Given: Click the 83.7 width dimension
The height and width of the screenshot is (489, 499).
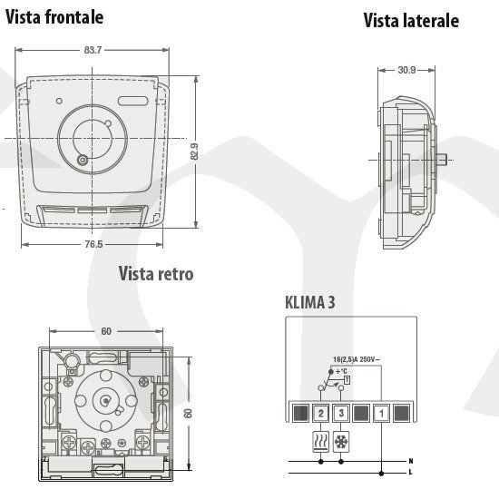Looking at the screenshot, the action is [93, 50].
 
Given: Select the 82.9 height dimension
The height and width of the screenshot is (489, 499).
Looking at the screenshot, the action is [194, 152].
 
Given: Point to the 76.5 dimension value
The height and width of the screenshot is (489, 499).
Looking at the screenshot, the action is [93, 244].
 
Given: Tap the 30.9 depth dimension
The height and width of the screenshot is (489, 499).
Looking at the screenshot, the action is [406, 70].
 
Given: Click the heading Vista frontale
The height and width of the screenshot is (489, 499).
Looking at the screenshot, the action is [54, 17].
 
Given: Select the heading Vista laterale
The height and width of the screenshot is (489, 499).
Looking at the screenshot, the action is [411, 21].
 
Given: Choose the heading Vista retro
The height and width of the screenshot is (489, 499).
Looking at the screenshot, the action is [156, 274].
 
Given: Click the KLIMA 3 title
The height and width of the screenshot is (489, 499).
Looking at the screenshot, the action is [310, 302].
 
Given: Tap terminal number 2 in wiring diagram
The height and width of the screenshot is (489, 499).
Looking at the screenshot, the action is [320, 414].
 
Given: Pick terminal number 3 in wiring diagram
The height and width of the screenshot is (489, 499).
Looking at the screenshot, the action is [341, 414].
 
